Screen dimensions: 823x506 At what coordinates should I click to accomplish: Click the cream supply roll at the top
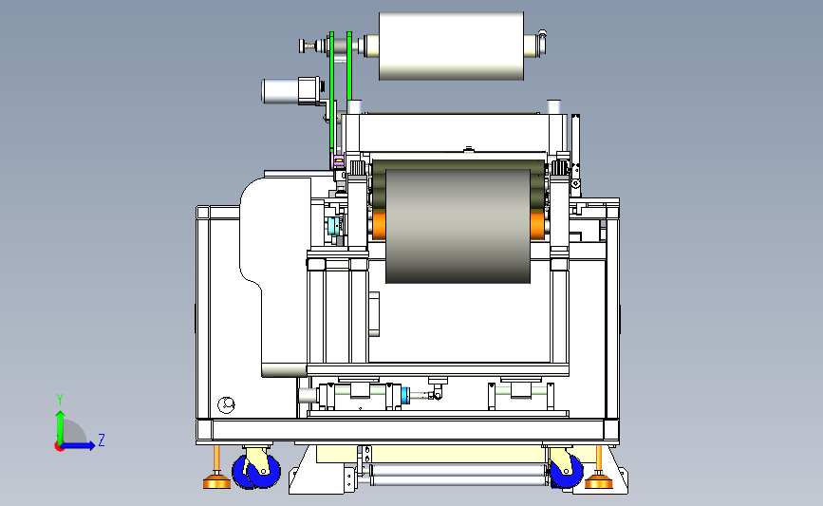(x=451, y=47)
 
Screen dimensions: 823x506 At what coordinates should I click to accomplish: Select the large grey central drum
(x=458, y=226)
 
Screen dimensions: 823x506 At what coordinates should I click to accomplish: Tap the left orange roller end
(x=379, y=225)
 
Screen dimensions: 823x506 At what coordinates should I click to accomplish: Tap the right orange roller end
(x=537, y=225)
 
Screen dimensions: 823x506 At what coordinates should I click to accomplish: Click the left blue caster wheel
(x=256, y=471)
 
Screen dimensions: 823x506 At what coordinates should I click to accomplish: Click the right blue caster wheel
(x=567, y=471)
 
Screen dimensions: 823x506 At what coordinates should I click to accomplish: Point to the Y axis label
(x=60, y=400)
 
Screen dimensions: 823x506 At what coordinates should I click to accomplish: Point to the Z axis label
(x=102, y=440)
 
